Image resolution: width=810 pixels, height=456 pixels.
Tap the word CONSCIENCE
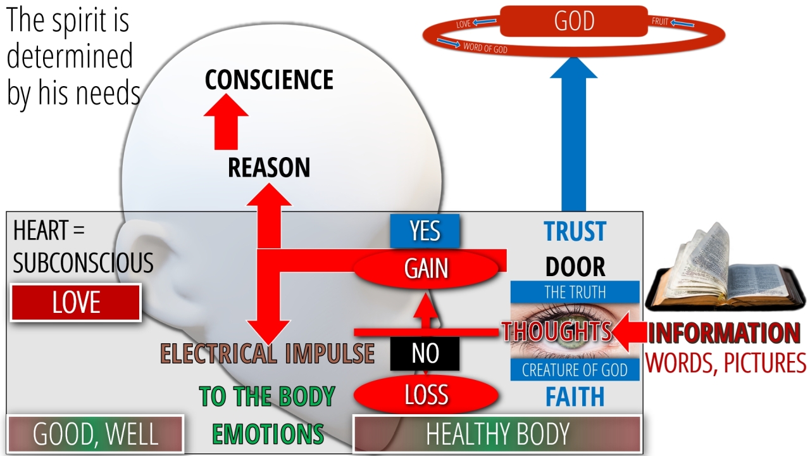tap(269, 80)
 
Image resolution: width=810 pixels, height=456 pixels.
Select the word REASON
tap(269, 168)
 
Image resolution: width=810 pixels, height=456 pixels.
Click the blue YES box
tap(425, 231)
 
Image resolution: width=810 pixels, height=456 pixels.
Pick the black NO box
tap(425, 353)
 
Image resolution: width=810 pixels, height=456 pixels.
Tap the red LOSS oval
tap(427, 395)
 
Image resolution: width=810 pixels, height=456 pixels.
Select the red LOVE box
tap(76, 303)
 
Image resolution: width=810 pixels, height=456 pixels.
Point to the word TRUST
tap(575, 232)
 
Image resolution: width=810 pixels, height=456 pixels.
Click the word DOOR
tap(575, 267)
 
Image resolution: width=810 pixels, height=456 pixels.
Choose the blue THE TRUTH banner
tap(575, 292)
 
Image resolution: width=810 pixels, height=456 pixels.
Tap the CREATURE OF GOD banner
tap(575, 370)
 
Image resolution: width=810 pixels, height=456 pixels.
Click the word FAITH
tap(575, 397)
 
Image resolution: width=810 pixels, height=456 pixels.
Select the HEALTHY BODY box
tap(497, 434)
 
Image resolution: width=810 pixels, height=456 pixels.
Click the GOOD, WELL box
tap(95, 434)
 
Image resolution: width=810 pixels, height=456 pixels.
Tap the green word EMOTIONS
tap(267, 434)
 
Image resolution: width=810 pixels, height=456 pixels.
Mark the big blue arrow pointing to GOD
tap(573, 139)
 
